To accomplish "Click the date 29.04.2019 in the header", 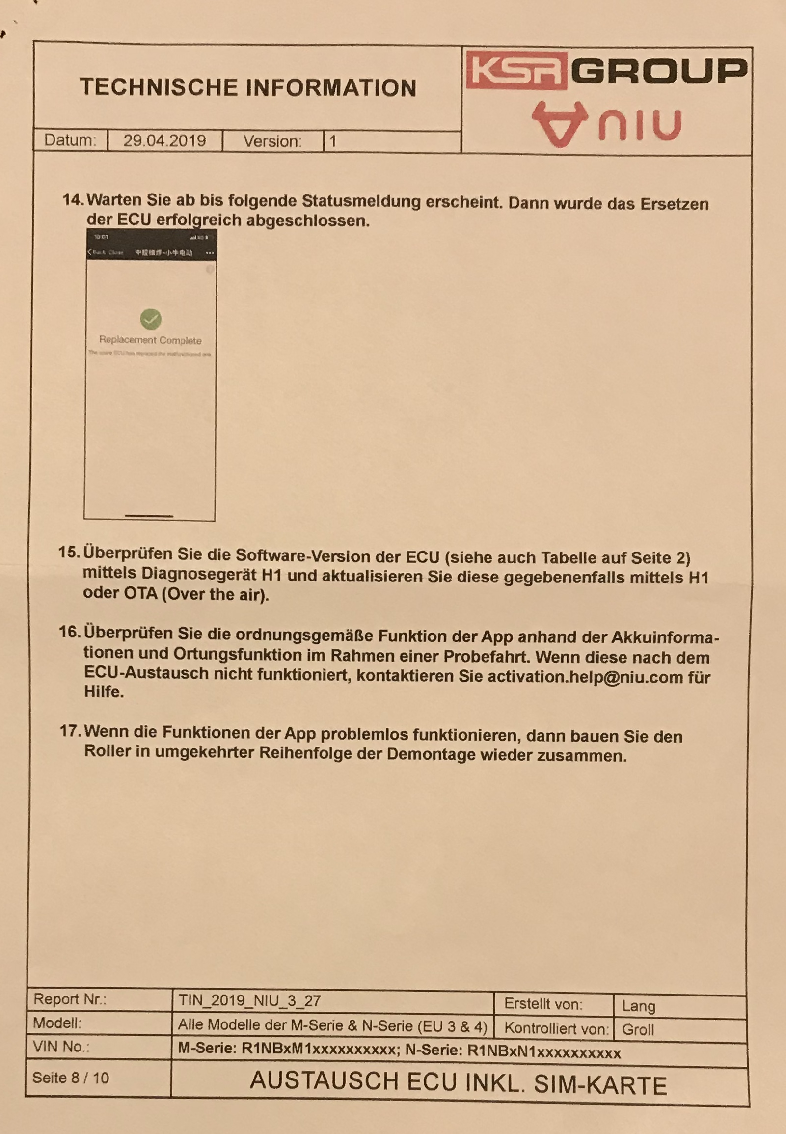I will [x=164, y=141].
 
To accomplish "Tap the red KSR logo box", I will [x=516, y=71].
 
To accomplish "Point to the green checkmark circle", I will [x=151, y=319].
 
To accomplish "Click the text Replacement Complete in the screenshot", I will [x=150, y=340].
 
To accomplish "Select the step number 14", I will [x=73, y=200].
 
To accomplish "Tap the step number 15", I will [x=69, y=552].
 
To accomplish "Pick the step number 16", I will [x=69, y=632].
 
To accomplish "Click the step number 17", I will [x=70, y=731].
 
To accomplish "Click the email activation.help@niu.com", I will [x=585, y=677].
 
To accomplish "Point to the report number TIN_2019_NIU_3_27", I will [x=250, y=1001].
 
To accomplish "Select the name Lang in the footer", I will [x=638, y=1005].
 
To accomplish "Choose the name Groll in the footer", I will [x=638, y=1029].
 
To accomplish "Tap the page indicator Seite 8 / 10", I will [x=71, y=1079].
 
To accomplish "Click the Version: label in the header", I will [x=272, y=142].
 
